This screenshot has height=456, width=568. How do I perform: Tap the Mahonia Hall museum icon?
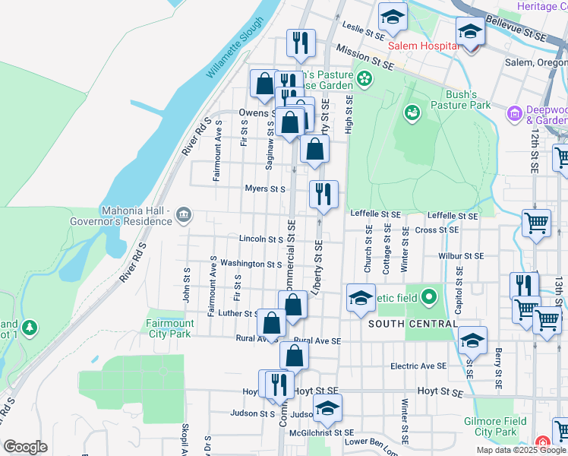[x=183, y=217]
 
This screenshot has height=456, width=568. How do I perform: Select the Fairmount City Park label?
[x=169, y=328]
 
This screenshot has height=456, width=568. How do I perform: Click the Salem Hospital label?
[x=422, y=46]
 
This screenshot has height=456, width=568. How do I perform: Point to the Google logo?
[x=25, y=447]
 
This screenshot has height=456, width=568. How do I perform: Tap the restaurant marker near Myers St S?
[x=323, y=195]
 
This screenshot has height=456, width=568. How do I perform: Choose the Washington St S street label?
[x=251, y=264]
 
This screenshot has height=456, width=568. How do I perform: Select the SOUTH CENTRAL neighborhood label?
[x=412, y=324]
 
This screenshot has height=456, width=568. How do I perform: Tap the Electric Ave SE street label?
[x=418, y=366]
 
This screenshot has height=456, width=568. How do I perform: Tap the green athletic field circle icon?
[x=429, y=297]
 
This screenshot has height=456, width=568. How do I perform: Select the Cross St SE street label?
[x=437, y=230]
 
